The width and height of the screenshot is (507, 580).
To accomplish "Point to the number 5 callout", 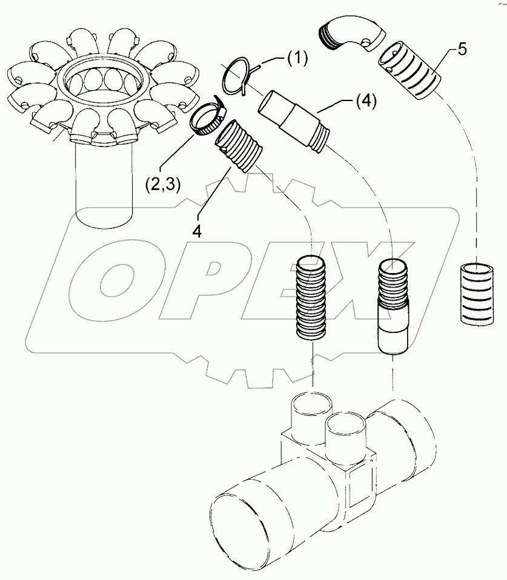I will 462,49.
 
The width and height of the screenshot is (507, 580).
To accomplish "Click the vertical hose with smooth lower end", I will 394,306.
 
